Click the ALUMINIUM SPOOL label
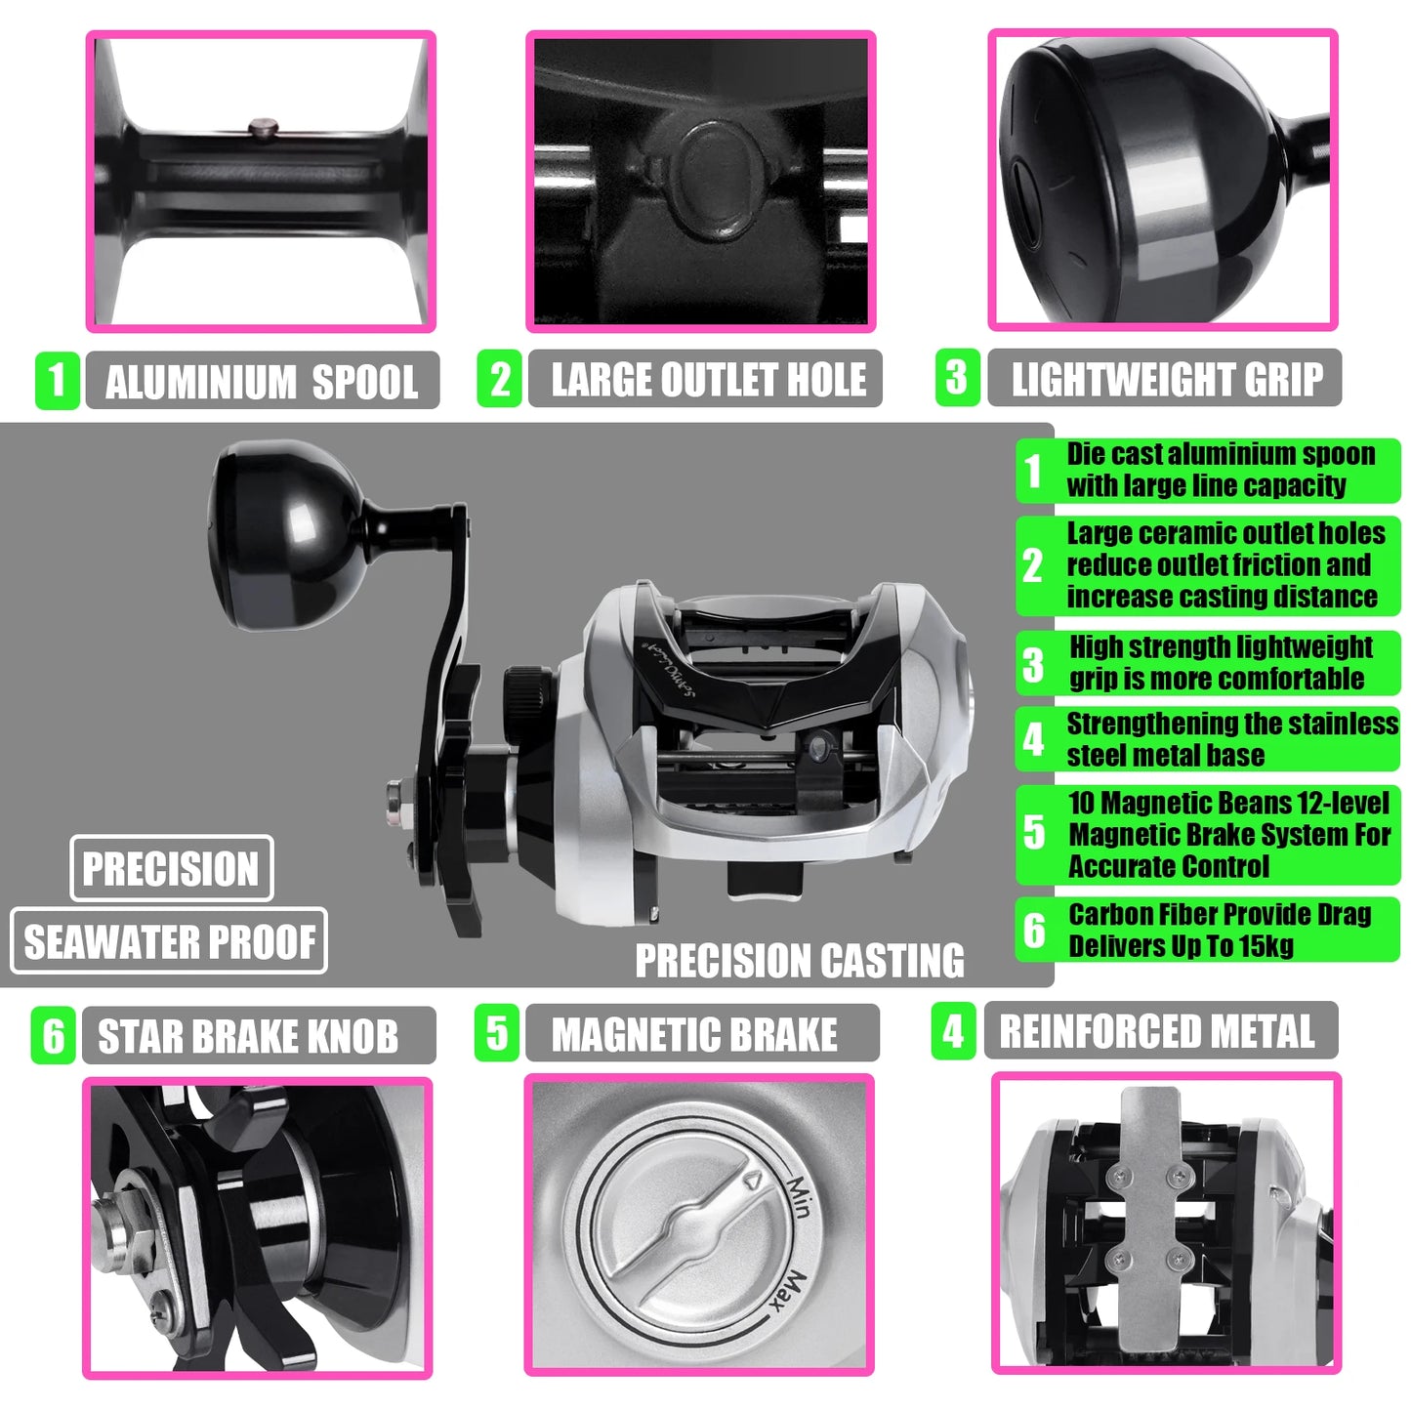262,381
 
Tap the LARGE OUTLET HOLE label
707,380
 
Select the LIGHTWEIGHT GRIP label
1166,379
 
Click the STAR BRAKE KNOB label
248,1036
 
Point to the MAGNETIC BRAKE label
693,1035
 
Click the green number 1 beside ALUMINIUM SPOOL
57,381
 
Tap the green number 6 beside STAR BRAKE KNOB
54,1036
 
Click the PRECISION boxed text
171,869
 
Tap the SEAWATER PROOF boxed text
169,942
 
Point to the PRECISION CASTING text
799,960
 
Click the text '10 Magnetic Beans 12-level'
1227,804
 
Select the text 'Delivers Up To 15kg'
1181,946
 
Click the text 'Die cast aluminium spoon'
1220,454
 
